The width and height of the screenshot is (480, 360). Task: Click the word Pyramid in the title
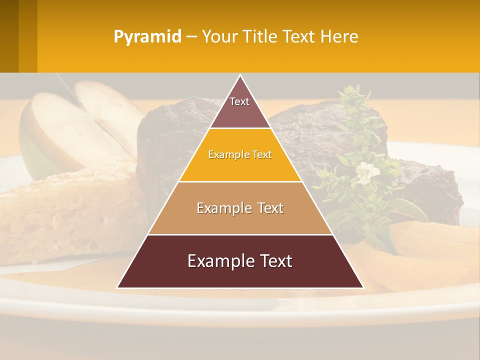coord(147,37)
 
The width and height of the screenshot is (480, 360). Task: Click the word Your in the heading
coord(219,36)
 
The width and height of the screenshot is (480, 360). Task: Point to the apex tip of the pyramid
coord(240,76)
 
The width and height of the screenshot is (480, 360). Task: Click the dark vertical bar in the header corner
coord(9,36)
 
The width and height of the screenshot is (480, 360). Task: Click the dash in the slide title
coord(191,37)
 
